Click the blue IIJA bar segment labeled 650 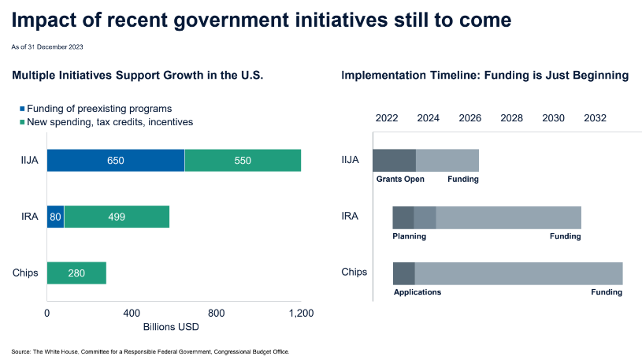[116, 160]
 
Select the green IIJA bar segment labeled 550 [243, 160]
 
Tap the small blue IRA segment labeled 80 [55, 217]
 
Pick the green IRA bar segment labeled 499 [117, 217]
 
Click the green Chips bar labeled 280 [76, 273]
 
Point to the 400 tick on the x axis [132, 313]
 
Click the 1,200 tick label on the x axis [302, 313]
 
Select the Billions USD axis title [171, 326]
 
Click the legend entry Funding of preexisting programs [99, 108]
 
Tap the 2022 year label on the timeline [387, 118]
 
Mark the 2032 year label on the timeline [595, 118]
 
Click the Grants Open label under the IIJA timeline [400, 180]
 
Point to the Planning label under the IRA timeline [410, 236]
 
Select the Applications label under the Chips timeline [417, 292]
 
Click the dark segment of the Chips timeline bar [404, 273]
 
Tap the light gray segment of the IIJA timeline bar [447, 160]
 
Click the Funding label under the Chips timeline [607, 292]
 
